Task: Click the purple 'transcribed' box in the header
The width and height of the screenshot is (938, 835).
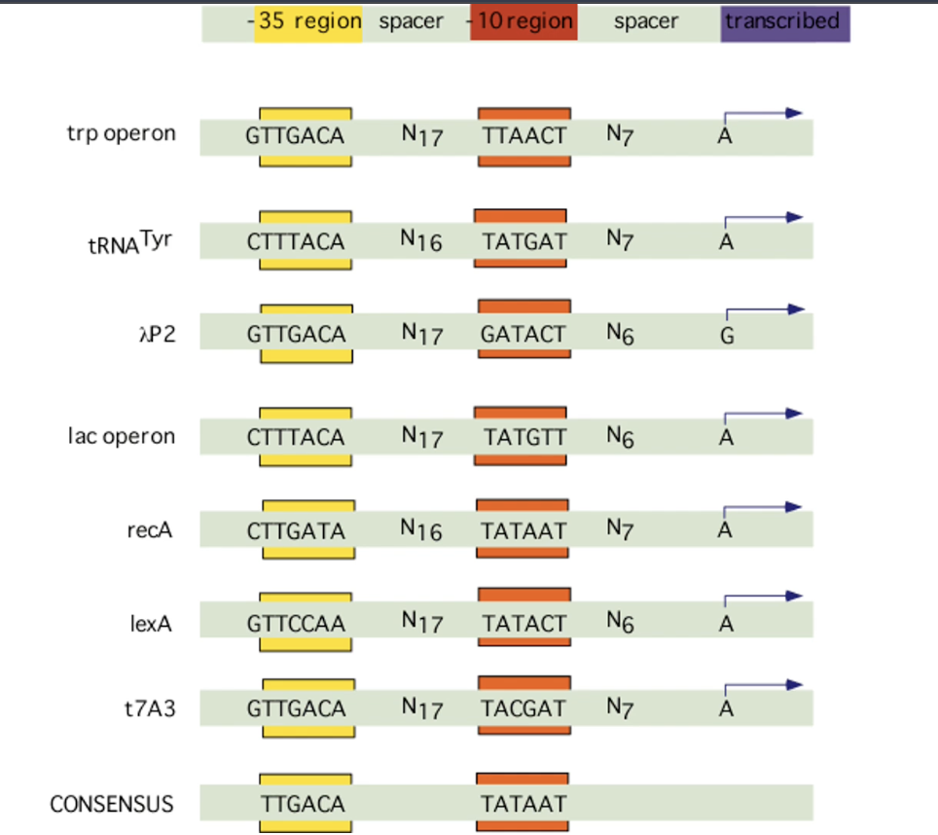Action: pyautogui.click(x=784, y=22)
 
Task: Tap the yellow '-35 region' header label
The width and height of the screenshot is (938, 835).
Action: pyautogui.click(x=307, y=22)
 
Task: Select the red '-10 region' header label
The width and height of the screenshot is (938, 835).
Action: pyautogui.click(x=523, y=22)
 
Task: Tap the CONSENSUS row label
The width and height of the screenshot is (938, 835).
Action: pyautogui.click(x=112, y=804)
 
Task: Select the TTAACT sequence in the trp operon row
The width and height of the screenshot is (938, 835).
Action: pyautogui.click(x=523, y=136)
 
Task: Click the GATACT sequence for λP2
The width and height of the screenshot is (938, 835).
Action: pyautogui.click(x=523, y=335)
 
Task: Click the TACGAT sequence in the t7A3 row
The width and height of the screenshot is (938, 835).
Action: pyautogui.click(x=523, y=708)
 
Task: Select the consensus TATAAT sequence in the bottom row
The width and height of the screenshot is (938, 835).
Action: pyautogui.click(x=523, y=804)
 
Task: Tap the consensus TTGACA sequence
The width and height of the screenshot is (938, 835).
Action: pyautogui.click(x=303, y=804)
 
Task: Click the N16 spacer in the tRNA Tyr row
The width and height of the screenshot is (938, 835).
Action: pyautogui.click(x=421, y=239)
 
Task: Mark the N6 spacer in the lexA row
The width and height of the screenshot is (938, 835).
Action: pyautogui.click(x=620, y=622)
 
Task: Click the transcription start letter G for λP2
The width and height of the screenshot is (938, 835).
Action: pyautogui.click(x=727, y=337)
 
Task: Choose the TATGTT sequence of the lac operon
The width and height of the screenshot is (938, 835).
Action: pyautogui.click(x=523, y=437)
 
